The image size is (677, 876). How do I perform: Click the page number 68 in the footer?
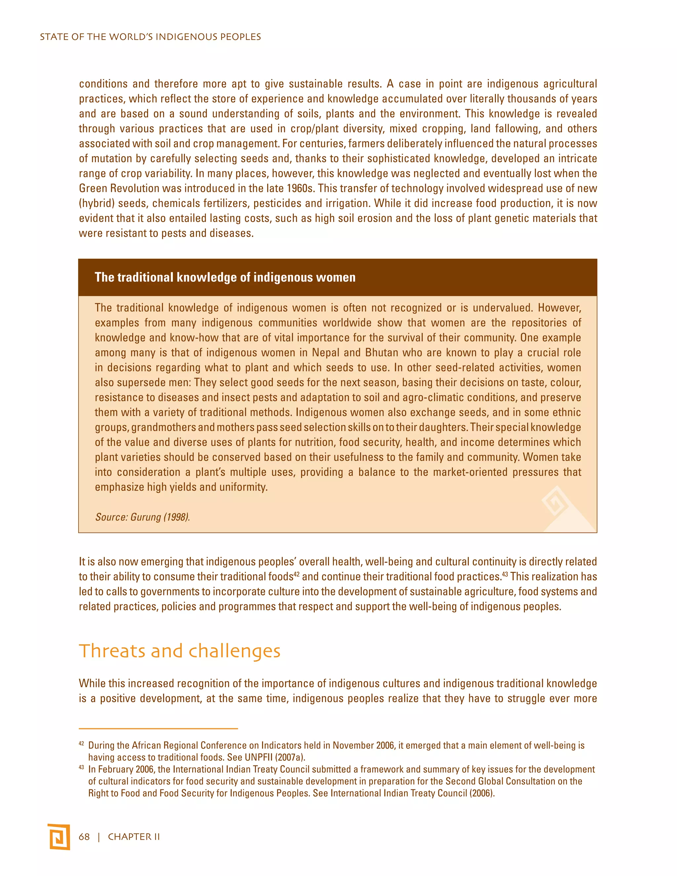point(84,837)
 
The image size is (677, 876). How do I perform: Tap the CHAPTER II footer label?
point(134,837)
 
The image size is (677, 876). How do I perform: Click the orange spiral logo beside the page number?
point(59,837)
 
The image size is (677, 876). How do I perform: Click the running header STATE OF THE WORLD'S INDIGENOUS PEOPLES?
point(150,37)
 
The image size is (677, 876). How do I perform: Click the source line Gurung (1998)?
point(142,517)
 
